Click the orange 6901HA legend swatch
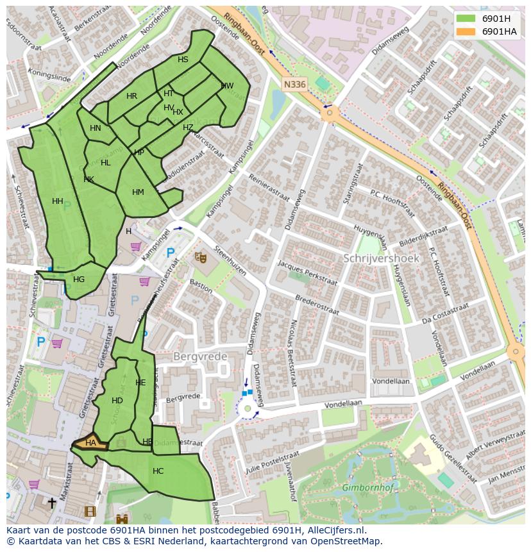pyautogui.click(x=466, y=31)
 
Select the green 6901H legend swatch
pyautogui.click(x=466, y=18)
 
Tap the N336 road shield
pyautogui.click(x=294, y=84)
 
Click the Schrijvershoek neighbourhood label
pyautogui.click(x=381, y=258)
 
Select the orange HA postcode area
pyautogui.click(x=90, y=442)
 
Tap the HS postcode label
pyautogui.click(x=183, y=60)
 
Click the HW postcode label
pyautogui.click(x=227, y=86)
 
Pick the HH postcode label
pyautogui.click(x=58, y=201)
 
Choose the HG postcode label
pyautogui.click(x=79, y=280)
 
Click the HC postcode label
pyautogui.click(x=158, y=471)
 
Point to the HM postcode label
pyautogui.click(x=138, y=192)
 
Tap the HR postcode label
pyautogui.click(x=131, y=96)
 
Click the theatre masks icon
pyautogui.click(x=201, y=257)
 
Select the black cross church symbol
pyautogui.click(x=52, y=503)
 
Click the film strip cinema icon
pyautogui.click(x=90, y=511)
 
